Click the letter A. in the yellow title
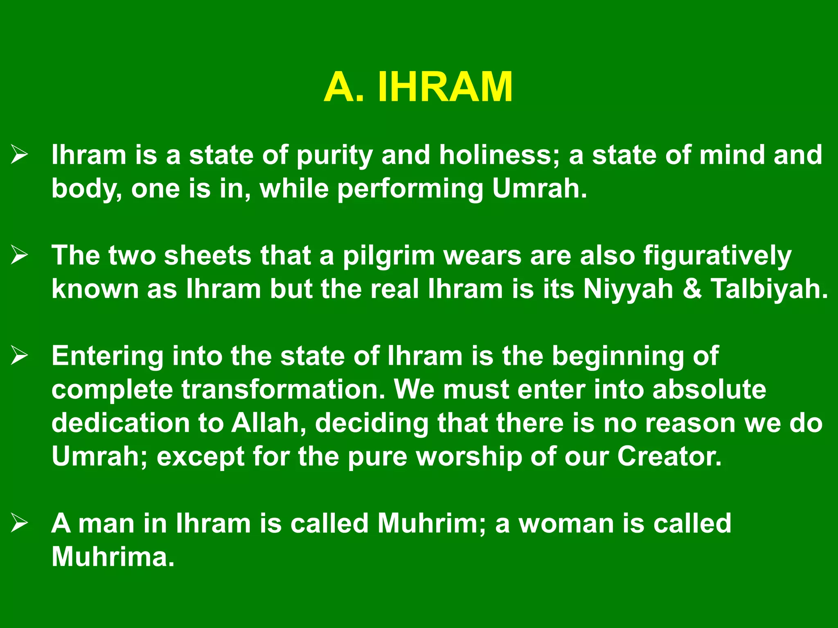click(344, 87)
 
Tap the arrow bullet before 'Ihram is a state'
click(19, 155)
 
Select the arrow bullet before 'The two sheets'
click(19, 256)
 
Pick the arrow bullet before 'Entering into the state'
click(19, 356)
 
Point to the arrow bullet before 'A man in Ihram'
click(19, 523)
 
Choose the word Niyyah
click(628, 290)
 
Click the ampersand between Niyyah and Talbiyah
click(692, 290)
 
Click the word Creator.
click(669, 456)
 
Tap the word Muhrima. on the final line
click(113, 557)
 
